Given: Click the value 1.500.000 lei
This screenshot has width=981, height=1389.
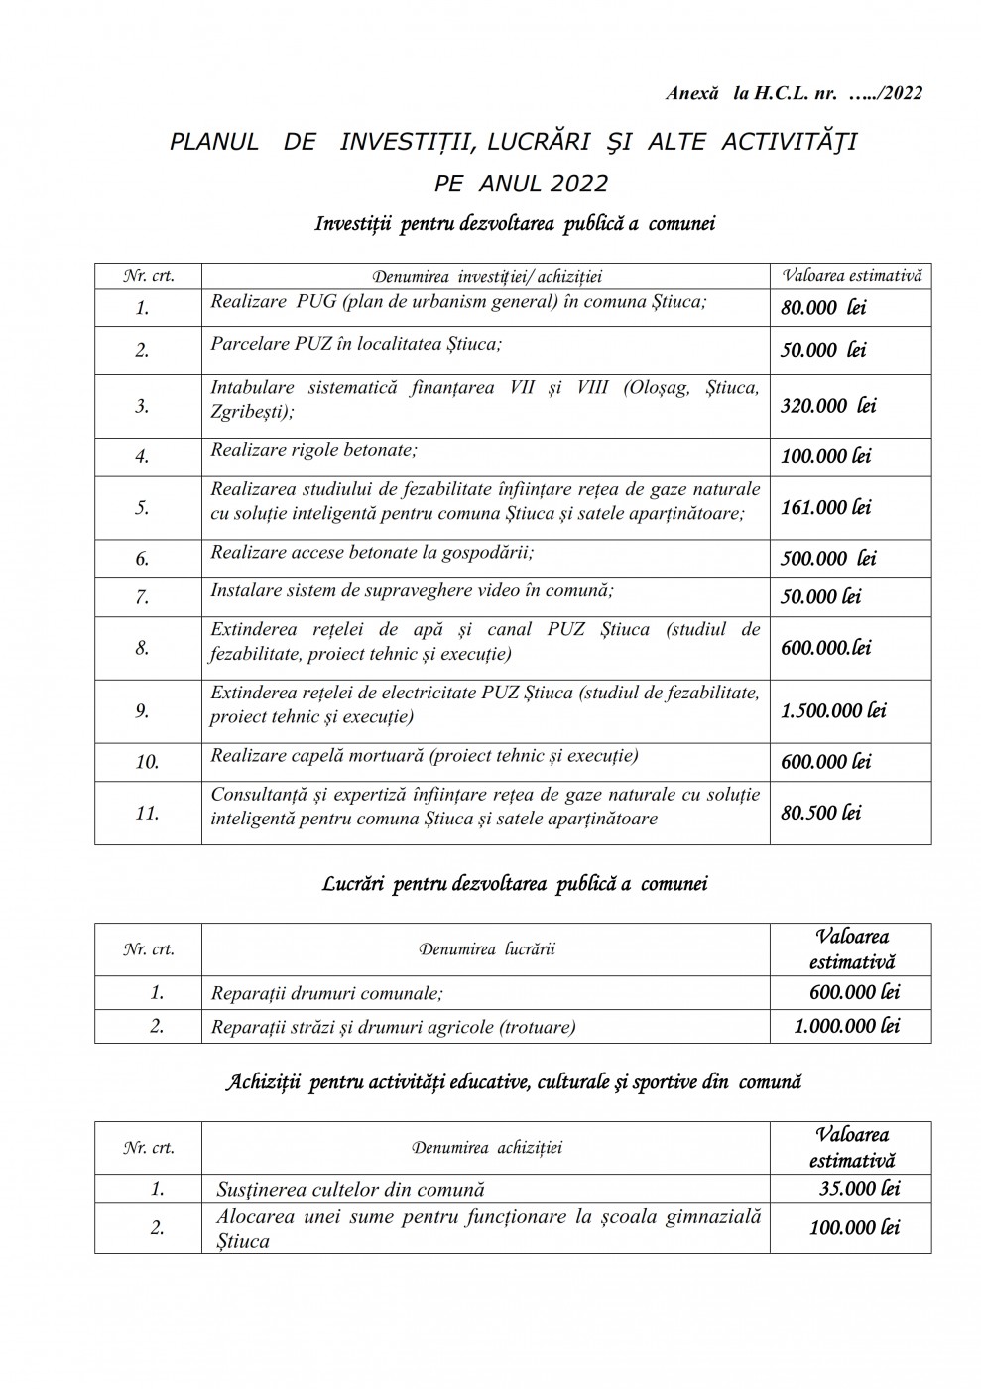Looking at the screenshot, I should point(833,710).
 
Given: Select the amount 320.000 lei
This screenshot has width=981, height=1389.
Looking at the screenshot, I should point(828,405).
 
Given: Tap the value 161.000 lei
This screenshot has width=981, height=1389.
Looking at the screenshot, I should point(825,507).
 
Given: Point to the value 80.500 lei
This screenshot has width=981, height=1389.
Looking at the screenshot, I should point(820,812).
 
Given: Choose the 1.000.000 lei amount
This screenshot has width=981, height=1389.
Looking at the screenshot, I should point(846,1026).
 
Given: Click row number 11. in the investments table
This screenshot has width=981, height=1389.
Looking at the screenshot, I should point(147,813).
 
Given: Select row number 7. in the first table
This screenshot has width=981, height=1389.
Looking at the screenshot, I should point(143,597).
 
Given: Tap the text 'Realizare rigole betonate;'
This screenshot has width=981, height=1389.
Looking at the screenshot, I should point(313,450).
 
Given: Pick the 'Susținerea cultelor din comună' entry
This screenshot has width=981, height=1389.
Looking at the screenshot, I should point(350,1189).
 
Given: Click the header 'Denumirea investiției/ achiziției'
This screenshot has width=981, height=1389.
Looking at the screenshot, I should point(486,276).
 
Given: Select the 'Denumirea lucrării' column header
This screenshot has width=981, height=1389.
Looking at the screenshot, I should point(486,949).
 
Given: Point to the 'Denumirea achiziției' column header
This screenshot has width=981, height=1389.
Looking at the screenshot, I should point(486,1148).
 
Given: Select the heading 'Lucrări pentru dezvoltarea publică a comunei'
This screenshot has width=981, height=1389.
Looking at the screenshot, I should point(515,884).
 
